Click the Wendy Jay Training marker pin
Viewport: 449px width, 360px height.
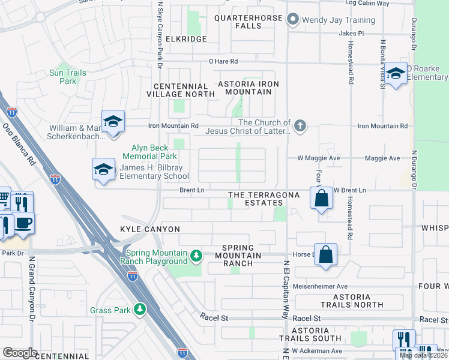tap(293, 20)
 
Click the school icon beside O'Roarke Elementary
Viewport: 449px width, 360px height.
tap(396, 74)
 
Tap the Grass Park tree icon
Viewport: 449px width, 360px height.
tap(139, 310)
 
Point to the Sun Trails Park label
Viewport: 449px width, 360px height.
tap(68, 77)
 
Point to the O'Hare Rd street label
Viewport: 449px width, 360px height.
tap(223, 61)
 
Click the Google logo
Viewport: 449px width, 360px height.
tap(20, 352)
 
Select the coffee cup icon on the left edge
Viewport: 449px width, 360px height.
tap(23, 222)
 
